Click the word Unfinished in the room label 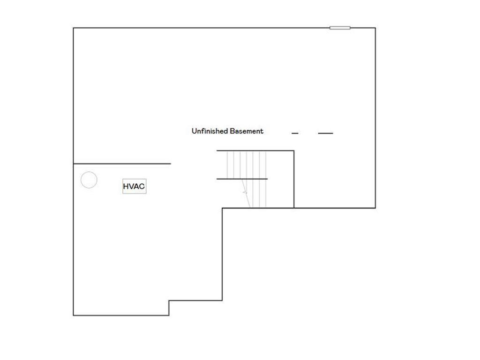coord(210,131)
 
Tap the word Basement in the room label coord(247,131)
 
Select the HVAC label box coord(134,187)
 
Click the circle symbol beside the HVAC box coord(89,180)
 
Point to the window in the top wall coord(340,28)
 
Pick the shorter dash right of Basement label coord(295,134)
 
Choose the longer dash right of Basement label coord(325,134)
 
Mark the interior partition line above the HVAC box coord(122,164)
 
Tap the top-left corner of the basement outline coord(74,28)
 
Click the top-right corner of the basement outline coord(375,28)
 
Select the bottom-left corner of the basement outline coord(74,315)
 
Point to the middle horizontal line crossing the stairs coord(242,179)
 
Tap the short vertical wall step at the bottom coord(169,307)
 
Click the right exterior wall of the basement coord(375,117)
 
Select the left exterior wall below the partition coord(74,239)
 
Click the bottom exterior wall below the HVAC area coord(121,315)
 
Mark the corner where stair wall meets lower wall coord(294,208)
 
